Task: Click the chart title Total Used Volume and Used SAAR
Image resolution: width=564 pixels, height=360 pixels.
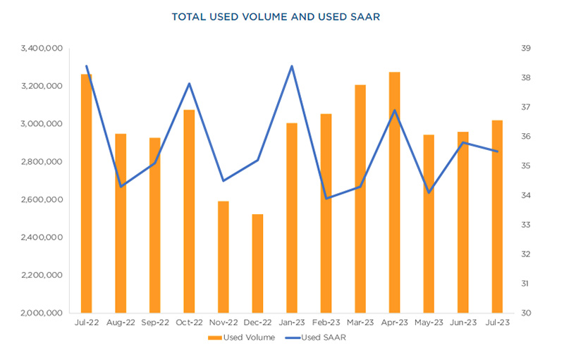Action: pos(282,16)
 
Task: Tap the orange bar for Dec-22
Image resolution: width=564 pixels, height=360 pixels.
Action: pos(257,263)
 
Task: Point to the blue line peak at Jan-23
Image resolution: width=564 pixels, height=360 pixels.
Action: pos(292,66)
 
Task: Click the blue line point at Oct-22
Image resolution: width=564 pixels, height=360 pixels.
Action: pos(189,84)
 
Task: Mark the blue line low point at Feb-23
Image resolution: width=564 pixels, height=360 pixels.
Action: pos(326,198)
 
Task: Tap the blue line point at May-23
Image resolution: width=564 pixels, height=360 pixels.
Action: pos(429,192)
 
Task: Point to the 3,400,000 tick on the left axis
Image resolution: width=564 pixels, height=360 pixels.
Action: pos(44,49)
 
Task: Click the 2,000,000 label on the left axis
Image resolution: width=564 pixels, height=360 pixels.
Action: pos(44,314)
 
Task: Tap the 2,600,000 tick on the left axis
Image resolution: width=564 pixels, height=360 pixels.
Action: pos(44,200)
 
